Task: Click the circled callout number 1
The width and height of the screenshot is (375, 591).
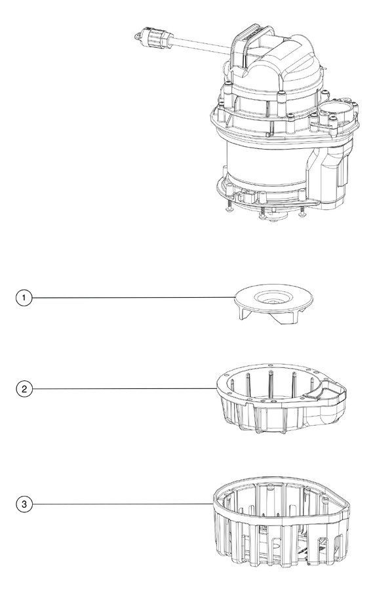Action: (24, 298)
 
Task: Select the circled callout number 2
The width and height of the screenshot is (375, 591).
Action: (24, 388)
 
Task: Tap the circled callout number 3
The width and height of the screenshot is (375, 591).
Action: (24, 504)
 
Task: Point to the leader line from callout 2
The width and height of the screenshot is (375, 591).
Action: (125, 388)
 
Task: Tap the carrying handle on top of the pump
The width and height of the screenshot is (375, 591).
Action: (251, 37)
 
